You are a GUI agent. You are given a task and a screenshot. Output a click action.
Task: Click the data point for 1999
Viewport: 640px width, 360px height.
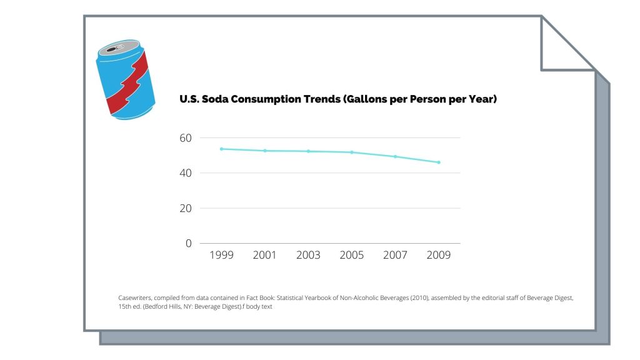pos(221,149)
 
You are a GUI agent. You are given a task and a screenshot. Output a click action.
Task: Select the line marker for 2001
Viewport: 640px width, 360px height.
pos(264,151)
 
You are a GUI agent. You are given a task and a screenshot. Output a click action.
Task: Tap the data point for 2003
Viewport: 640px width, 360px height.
pos(308,151)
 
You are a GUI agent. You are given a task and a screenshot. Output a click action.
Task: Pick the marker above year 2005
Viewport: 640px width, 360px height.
pos(352,152)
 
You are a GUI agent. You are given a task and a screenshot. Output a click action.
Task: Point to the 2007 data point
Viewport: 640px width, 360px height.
pos(395,156)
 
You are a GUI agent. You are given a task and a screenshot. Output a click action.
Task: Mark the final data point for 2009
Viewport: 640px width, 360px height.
pos(439,162)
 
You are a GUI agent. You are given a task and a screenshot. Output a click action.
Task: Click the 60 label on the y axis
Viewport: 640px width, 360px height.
pos(186,137)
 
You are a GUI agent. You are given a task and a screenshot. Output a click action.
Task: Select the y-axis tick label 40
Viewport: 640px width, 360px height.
pos(186,172)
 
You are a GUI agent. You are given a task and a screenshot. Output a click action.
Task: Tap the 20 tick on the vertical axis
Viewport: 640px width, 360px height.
pos(186,208)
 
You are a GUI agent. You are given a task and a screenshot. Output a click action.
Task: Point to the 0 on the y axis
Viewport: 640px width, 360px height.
pos(189,243)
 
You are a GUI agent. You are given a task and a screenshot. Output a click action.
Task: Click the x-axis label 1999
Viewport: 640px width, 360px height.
pos(221,255)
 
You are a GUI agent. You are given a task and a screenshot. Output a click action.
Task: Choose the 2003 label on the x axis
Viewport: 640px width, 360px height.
pos(308,255)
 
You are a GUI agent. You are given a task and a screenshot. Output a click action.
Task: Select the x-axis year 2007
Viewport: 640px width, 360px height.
pos(395,255)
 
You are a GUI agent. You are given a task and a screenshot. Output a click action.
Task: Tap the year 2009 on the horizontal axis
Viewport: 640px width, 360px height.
pos(439,255)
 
